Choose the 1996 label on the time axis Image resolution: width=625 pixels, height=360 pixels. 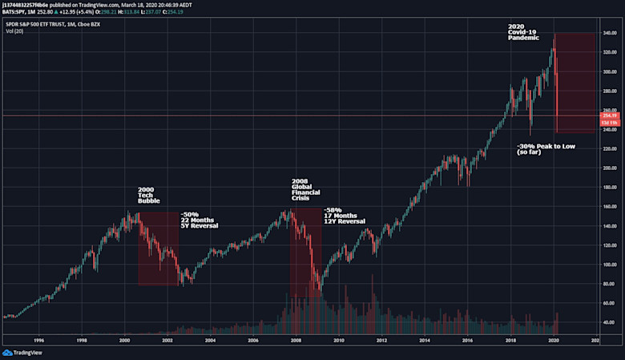point(38,340)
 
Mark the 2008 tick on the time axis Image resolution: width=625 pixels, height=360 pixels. point(296,340)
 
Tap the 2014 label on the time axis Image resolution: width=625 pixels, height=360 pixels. point(424,340)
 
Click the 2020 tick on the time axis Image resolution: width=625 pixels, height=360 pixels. point(553,340)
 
